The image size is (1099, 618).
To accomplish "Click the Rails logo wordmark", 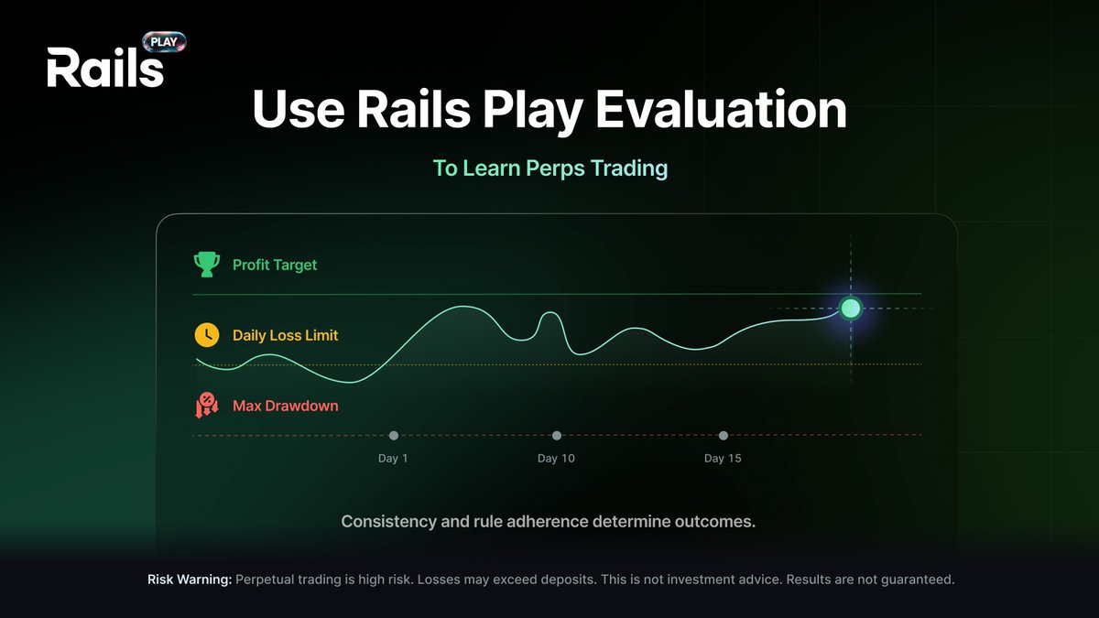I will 104,69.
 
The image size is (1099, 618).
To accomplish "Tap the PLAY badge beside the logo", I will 165,42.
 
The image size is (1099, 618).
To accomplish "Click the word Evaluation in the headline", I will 722,110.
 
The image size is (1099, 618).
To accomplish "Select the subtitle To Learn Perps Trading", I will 549,169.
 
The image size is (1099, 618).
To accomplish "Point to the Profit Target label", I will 275,265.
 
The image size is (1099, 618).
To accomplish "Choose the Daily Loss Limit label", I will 285,335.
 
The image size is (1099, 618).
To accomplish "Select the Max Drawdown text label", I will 285,405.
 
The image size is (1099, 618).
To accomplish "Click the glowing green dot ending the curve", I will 851,308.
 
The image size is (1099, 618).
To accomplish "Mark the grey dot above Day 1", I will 394,436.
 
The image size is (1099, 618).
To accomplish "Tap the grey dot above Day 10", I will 557,436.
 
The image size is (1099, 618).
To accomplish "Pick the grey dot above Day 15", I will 724,436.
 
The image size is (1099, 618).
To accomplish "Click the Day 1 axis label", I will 394,458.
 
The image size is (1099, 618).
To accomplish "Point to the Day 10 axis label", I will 556,458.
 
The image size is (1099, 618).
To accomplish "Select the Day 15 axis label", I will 723,458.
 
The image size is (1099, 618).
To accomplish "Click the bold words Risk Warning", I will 190,580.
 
